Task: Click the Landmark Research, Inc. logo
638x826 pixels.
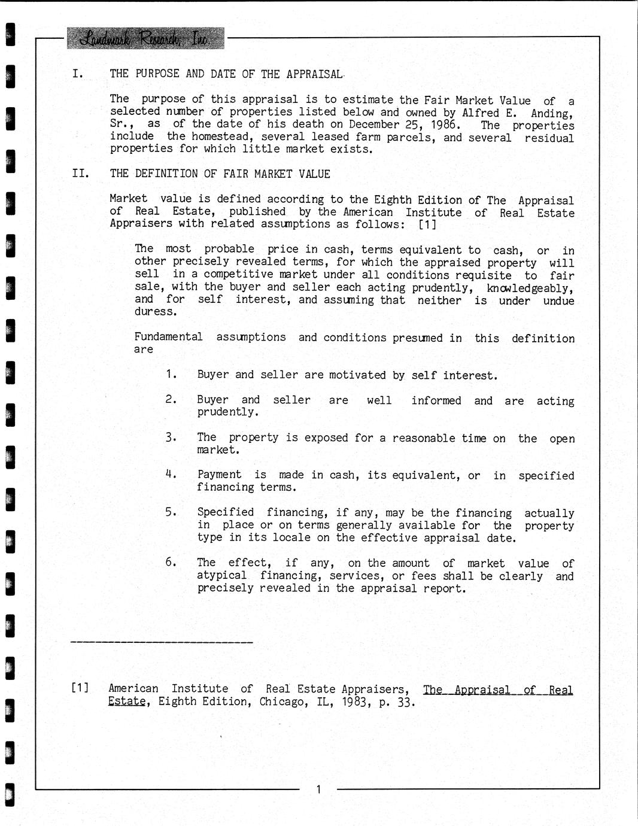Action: [x=145, y=38]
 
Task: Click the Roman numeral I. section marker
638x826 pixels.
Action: [x=77, y=74]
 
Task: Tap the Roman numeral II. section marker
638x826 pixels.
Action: [x=80, y=174]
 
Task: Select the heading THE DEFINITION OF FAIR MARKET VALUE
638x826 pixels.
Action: [x=220, y=174]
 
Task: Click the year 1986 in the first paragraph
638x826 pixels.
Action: [x=445, y=124]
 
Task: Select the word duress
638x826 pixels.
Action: [x=151, y=312]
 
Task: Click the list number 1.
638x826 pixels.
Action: [x=171, y=374]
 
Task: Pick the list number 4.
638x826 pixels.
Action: [x=171, y=474]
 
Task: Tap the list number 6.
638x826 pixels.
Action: [x=171, y=562]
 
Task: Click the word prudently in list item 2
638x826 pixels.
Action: [x=227, y=412]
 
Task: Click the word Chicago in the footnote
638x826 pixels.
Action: [x=281, y=702]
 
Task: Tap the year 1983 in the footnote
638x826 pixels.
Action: [x=356, y=702]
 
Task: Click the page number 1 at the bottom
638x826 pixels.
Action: [x=318, y=789]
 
